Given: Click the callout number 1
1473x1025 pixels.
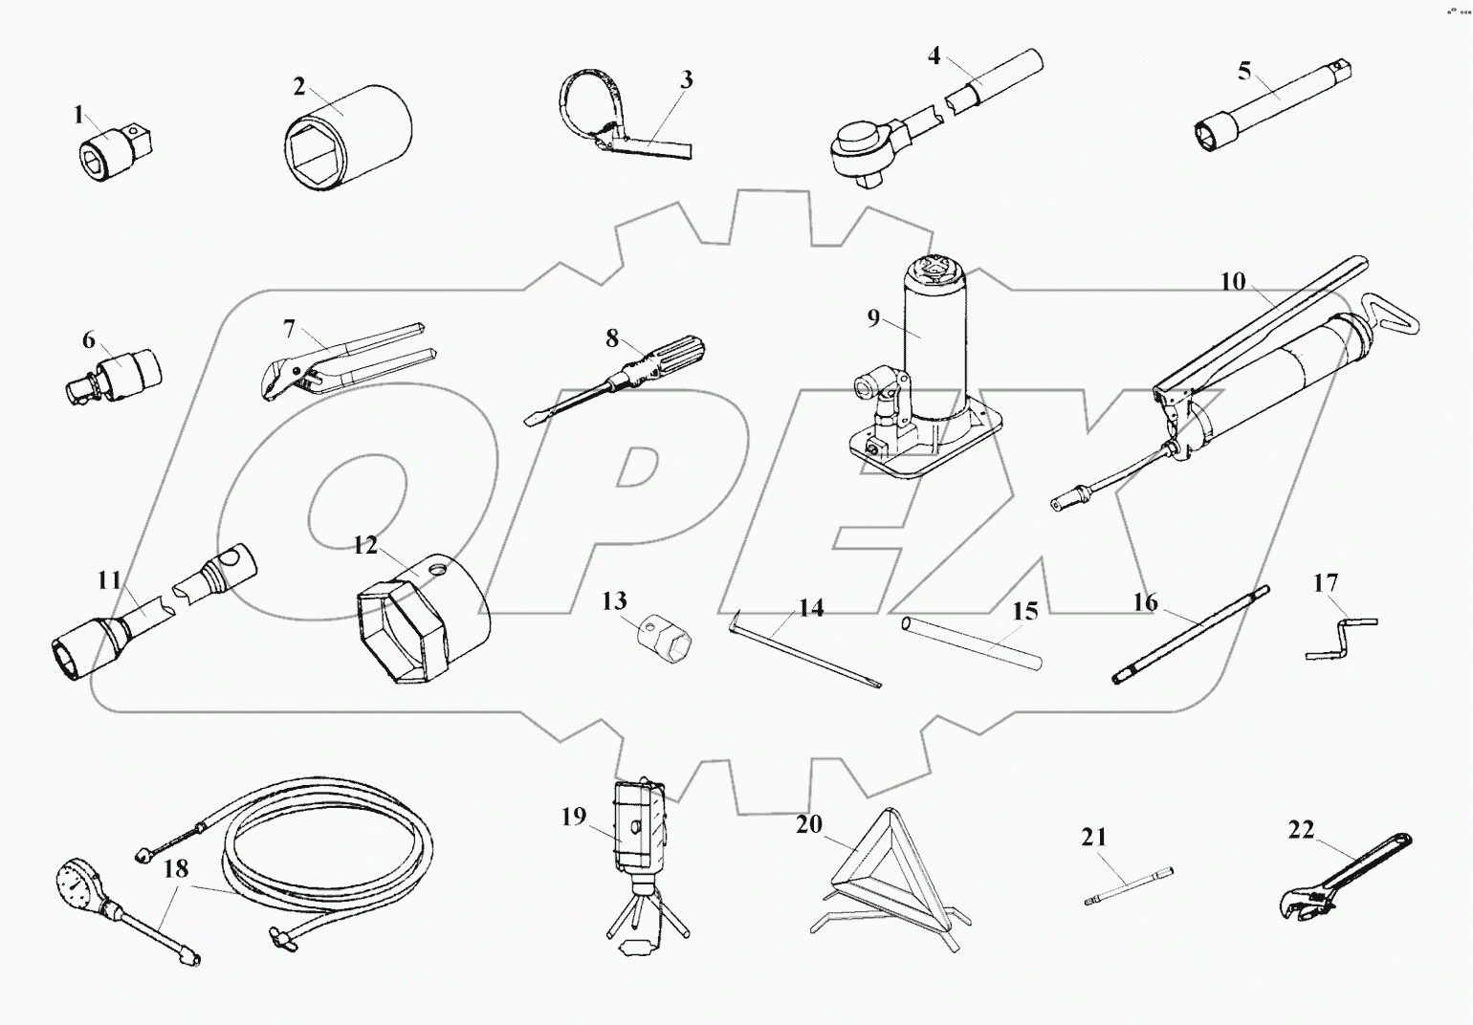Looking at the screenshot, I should (78, 116).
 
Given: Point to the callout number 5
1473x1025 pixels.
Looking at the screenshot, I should (1243, 70).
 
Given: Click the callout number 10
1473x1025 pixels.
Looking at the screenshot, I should (1233, 281).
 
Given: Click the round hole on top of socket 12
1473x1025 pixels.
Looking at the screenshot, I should (438, 570).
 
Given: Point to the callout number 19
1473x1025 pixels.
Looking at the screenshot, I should (573, 817).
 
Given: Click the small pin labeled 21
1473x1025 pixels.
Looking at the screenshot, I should (1129, 884).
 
